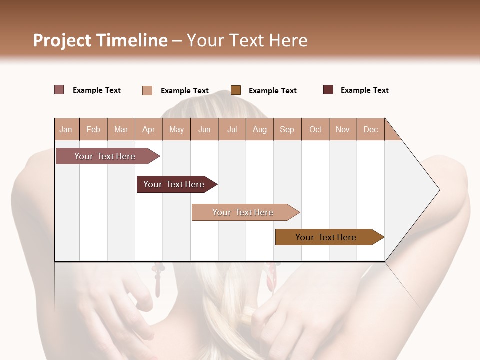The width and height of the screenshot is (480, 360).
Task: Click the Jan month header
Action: coord(66,129)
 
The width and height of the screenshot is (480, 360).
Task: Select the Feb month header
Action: coord(93,129)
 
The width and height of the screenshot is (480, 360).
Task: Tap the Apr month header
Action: coord(149,129)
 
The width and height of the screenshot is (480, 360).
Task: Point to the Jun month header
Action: coord(204,129)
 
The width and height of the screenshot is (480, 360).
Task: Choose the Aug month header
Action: coord(260,129)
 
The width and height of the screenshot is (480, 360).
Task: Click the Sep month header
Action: coord(287,129)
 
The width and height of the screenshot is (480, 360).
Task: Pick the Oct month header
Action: coord(315,129)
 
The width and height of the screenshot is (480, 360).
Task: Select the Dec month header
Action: coord(371,129)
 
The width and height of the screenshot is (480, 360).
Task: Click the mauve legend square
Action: coord(59,90)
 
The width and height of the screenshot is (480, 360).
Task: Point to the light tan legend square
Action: coord(147,90)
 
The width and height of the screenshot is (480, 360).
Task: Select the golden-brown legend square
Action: coord(236,90)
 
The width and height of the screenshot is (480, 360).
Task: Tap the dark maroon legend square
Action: coord(328,90)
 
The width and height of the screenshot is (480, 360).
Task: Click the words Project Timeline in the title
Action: coord(100,40)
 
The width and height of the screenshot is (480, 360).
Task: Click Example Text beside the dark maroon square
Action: coord(364,90)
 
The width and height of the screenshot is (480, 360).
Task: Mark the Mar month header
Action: coord(121,129)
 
